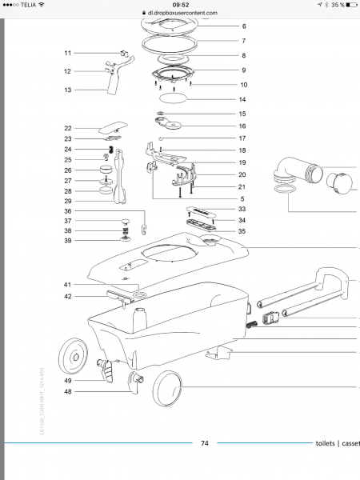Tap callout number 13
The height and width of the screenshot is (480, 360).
pyautogui.click(x=68, y=90)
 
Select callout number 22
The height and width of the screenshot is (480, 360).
pyautogui.click(x=68, y=128)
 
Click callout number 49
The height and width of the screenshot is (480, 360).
pyautogui.click(x=68, y=381)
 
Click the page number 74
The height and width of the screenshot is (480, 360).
pyautogui.click(x=205, y=442)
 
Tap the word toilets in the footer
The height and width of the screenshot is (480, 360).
pyautogui.click(x=326, y=442)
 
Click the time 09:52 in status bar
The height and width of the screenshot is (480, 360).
pyautogui.click(x=180, y=4)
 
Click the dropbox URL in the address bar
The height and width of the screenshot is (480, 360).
pyautogui.click(x=184, y=14)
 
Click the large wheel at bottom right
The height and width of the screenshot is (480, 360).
pyautogui.click(x=166, y=394)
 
